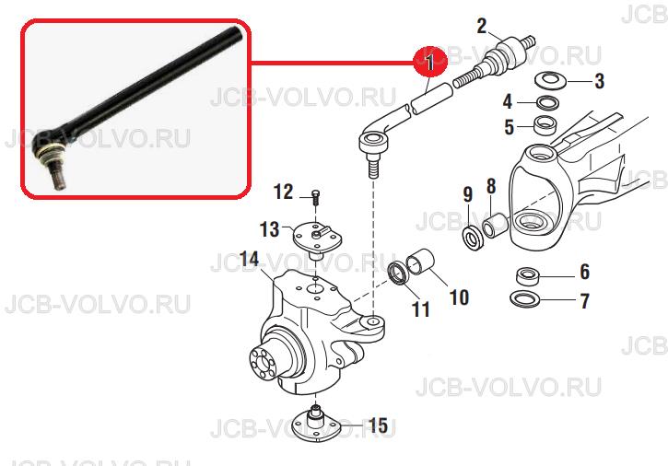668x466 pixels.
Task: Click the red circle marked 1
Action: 430,62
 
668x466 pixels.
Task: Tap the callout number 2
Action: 482,27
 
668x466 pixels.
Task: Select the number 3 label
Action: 600,81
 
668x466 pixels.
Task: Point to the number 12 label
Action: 282,192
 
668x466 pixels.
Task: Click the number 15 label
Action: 378,425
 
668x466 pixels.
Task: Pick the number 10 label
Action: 459,297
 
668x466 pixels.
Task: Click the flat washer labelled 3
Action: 550,80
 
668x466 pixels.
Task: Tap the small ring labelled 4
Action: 547,102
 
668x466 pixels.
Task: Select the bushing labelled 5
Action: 546,125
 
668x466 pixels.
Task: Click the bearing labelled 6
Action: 528,276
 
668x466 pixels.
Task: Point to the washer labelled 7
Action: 525,298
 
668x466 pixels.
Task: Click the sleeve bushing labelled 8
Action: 495,227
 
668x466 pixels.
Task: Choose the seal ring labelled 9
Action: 473,239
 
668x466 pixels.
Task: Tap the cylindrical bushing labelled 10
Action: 420,261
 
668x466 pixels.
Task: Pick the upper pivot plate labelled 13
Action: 317,239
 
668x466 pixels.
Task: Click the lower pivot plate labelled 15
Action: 316,426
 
